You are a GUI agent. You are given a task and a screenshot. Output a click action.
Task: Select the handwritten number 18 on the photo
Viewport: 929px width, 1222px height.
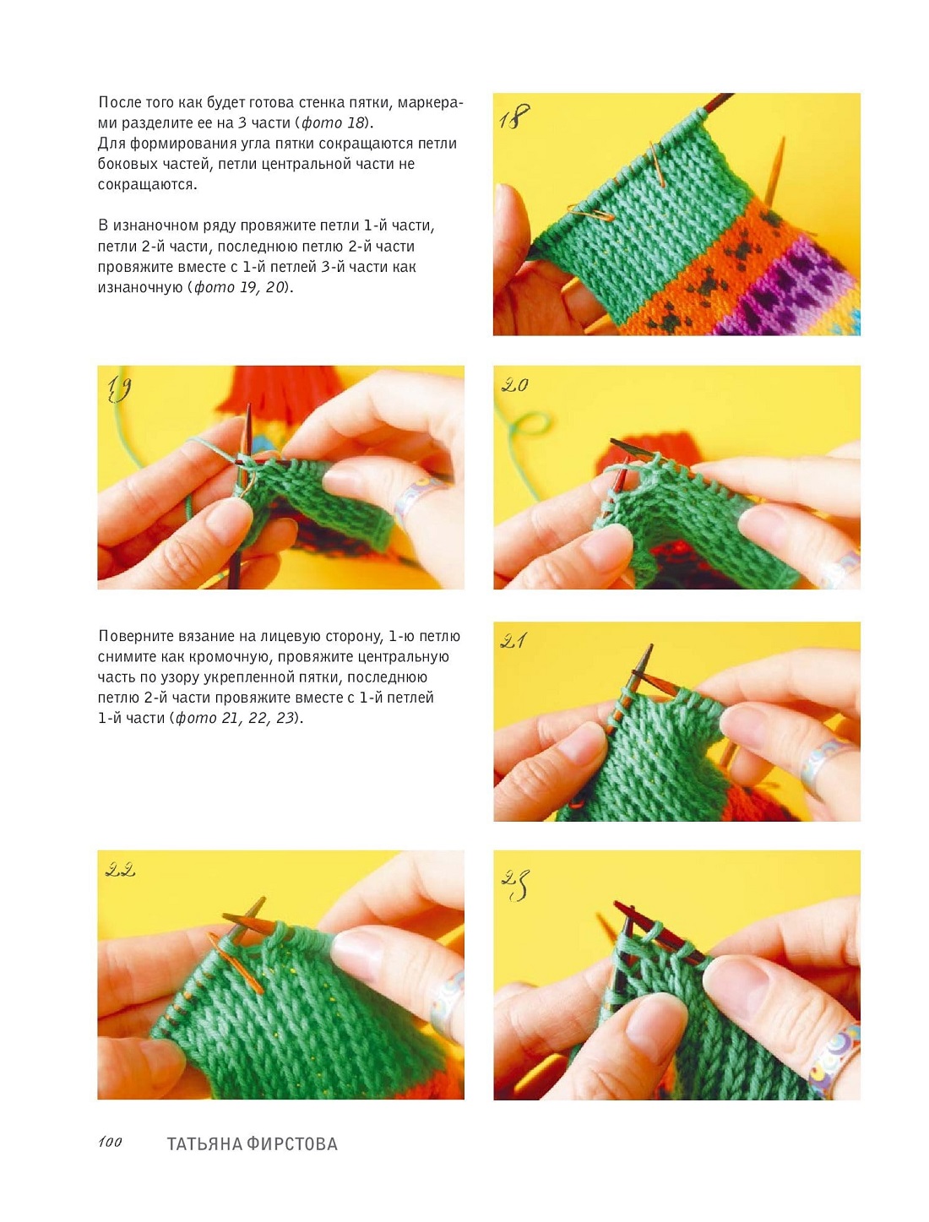(514, 117)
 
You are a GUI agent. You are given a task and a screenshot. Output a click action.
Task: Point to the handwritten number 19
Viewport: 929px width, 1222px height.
(118, 388)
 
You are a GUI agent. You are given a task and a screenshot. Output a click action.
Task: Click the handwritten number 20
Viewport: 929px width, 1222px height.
(514, 385)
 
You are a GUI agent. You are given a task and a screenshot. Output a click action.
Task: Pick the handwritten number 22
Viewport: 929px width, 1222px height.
(120, 870)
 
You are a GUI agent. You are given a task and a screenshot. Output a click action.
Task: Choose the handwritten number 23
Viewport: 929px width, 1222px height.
(515, 885)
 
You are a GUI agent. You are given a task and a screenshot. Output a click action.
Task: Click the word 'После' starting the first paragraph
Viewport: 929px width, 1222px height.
(117, 102)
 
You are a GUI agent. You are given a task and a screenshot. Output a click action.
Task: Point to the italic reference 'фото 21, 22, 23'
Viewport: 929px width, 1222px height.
(236, 718)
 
